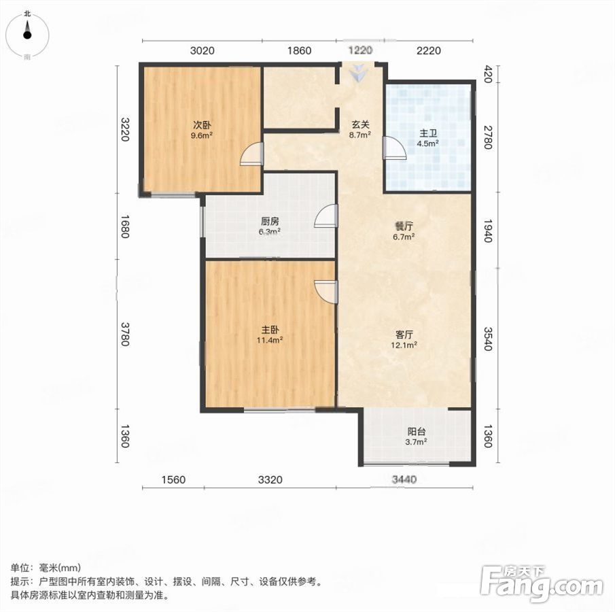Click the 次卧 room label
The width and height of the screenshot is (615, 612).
tap(202, 125)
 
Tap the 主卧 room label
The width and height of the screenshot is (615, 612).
tap(270, 329)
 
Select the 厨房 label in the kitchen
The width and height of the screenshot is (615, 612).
tap(270, 222)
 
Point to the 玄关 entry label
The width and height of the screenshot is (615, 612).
tap(360, 124)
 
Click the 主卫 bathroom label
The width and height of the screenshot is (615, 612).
tap(427, 133)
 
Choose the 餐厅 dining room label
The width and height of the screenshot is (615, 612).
tap(404, 226)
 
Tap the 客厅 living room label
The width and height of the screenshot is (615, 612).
tap(404, 335)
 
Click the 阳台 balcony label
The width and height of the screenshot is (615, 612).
tap(416, 431)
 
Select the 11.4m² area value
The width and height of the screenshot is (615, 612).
tap(270, 340)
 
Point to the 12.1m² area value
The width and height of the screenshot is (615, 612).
tap(404, 345)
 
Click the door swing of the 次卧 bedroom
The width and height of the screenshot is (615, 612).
tap(251, 154)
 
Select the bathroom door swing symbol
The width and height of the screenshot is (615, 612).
tap(394, 147)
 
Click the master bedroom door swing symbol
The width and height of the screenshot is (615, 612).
tap(326, 292)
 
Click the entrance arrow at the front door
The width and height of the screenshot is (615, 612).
tap(357, 73)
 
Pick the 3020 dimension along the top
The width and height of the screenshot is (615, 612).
tap(202, 50)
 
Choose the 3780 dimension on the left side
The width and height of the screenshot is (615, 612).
tap(125, 334)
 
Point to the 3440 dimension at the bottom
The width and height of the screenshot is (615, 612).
tap(404, 479)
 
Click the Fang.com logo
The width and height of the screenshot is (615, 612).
tap(542, 583)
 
